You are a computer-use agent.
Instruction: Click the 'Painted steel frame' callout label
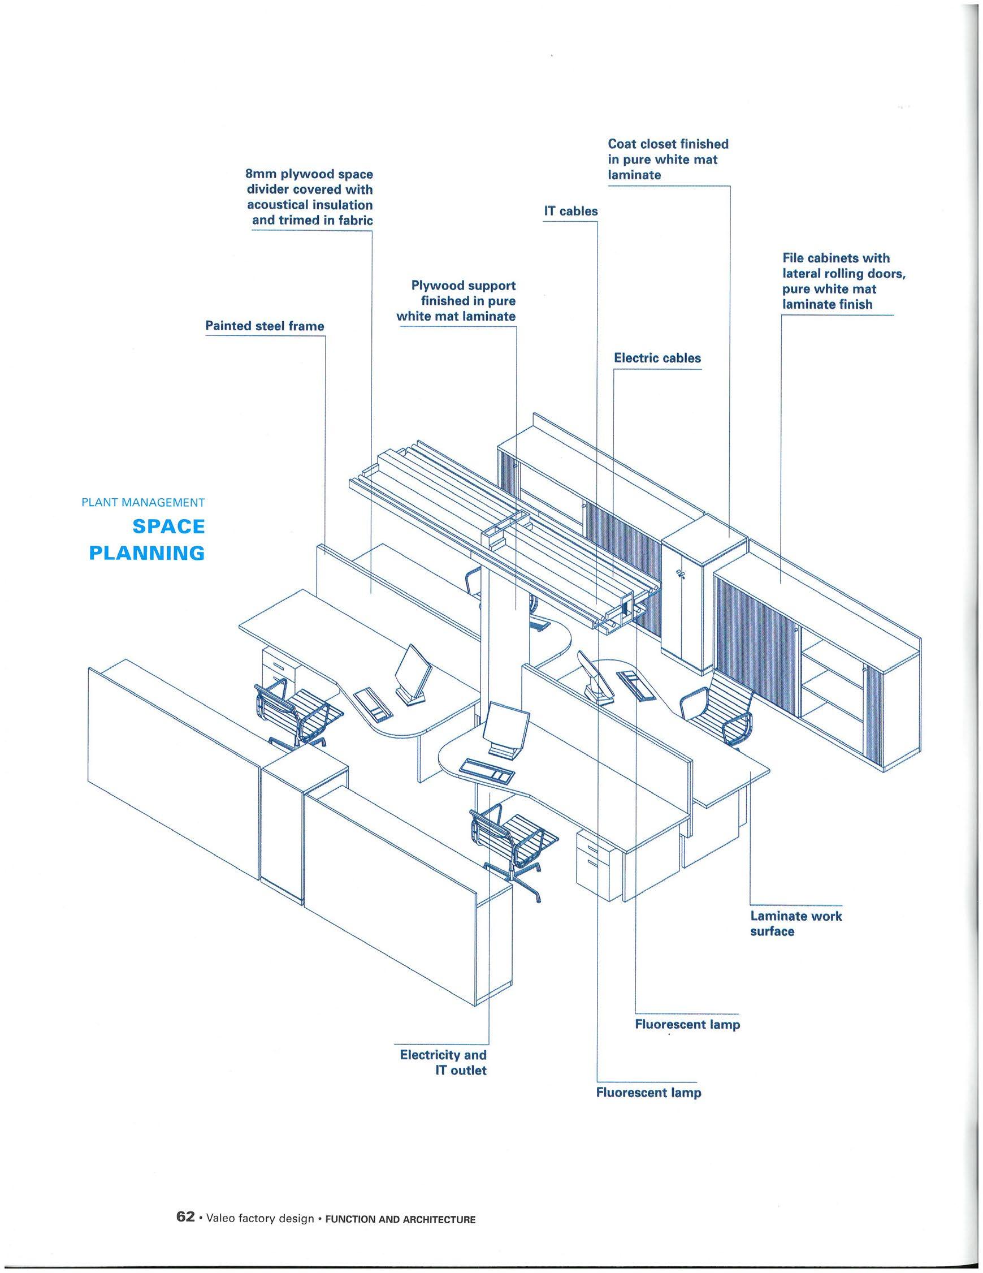click(265, 326)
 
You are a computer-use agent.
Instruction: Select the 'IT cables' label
click(570, 212)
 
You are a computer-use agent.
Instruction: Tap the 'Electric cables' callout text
click(657, 358)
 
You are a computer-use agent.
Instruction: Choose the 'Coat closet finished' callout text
click(668, 144)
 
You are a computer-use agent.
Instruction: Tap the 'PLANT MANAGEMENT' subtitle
click(144, 502)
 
